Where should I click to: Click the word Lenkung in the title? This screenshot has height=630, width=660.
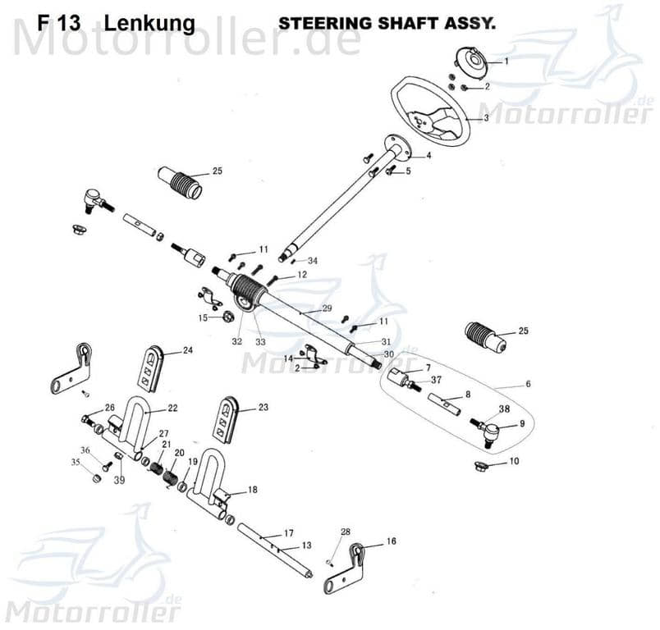pos(150,22)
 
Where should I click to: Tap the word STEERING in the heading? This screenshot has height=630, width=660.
pos(315,23)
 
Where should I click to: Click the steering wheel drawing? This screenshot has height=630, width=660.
pos(430,112)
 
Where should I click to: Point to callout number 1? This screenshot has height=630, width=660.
pos(506,61)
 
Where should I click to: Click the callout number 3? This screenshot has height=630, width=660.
pos(485,118)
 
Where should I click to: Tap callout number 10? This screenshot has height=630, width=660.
pos(514,462)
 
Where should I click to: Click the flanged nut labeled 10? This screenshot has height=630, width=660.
pos(482,467)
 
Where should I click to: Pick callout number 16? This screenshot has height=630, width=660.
pos(391,541)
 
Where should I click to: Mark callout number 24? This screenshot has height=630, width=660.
pos(187,350)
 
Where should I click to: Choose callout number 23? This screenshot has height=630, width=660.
pos(263,407)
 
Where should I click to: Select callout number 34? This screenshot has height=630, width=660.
pos(313,261)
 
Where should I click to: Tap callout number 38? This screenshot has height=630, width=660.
pos(502,409)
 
